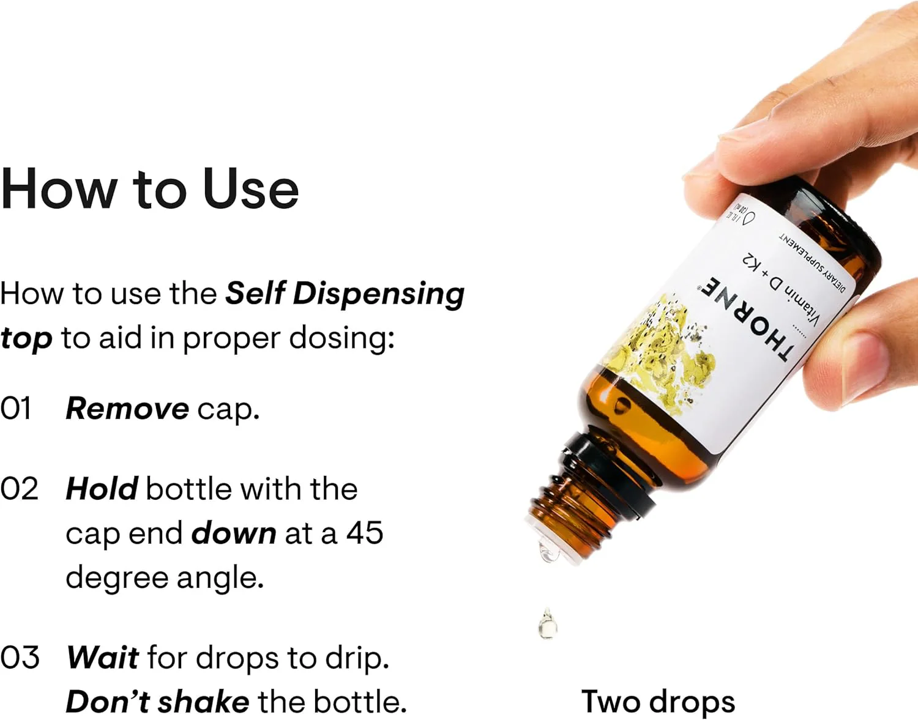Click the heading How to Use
pyautogui.click(x=150, y=188)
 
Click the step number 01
pyautogui.click(x=16, y=409)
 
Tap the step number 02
pyautogui.click(x=19, y=489)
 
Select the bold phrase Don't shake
pyautogui.click(x=157, y=702)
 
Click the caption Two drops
pyautogui.click(x=658, y=702)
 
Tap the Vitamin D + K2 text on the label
pyautogui.click(x=780, y=290)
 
